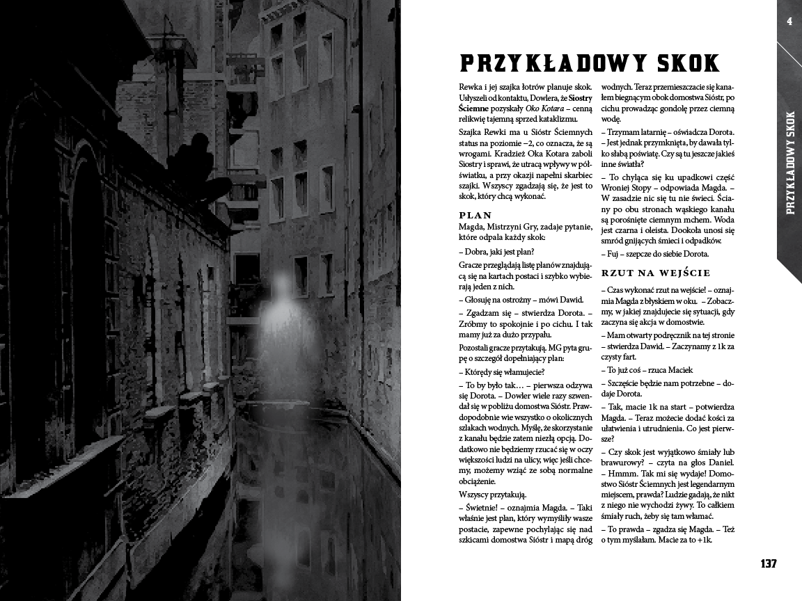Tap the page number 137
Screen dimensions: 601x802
pyautogui.click(x=768, y=563)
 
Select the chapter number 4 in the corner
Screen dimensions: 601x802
pyautogui.click(x=789, y=21)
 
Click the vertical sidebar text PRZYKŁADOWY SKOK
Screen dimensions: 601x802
pyautogui.click(x=789, y=163)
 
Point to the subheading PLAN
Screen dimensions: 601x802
pyautogui.click(x=475, y=216)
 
